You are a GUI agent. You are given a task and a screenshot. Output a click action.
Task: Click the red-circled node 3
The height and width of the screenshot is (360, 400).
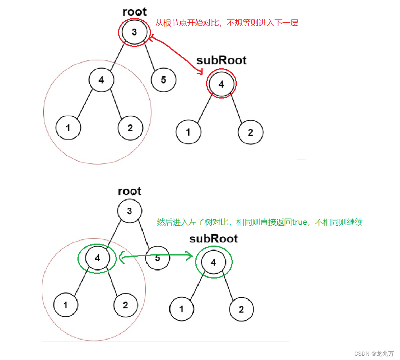(134, 32)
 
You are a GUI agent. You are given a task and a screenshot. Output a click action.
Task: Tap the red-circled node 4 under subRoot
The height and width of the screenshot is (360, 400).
(221, 84)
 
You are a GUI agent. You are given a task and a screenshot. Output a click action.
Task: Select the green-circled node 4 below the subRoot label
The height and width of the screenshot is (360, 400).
(214, 262)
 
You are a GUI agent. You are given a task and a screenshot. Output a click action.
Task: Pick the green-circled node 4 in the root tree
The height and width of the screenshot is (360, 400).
(97, 258)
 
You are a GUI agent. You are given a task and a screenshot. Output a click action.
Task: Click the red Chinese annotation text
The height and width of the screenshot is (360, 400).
(226, 23)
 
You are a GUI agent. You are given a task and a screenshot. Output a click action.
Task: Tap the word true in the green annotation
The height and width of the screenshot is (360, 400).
(299, 223)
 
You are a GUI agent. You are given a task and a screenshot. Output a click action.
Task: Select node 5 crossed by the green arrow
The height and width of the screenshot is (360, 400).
(157, 258)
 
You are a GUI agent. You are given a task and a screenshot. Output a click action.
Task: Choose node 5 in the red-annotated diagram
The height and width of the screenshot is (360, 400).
(163, 80)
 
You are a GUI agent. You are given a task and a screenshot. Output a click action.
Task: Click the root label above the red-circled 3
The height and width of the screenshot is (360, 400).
(134, 12)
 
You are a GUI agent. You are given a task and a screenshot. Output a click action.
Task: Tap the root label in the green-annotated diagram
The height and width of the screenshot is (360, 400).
(129, 191)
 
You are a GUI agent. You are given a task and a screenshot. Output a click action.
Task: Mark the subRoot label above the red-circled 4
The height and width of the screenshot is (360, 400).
(221, 60)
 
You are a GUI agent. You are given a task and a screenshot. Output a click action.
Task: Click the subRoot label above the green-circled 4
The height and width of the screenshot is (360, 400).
(213, 239)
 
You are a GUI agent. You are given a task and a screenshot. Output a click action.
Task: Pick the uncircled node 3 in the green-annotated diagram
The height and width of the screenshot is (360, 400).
(129, 211)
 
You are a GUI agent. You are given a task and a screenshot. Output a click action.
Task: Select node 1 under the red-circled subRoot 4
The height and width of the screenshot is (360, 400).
(188, 132)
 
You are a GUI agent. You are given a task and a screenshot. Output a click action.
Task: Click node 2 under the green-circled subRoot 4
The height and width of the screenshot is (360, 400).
(241, 309)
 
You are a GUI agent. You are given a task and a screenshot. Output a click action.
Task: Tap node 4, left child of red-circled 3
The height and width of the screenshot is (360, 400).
(101, 80)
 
